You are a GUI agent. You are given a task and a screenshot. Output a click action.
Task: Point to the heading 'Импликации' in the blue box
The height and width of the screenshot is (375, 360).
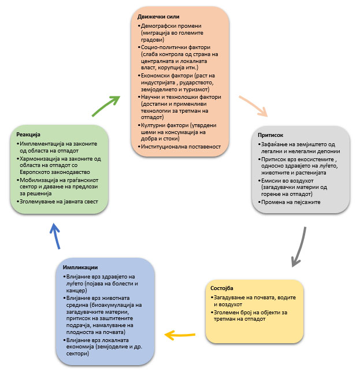[81, 267]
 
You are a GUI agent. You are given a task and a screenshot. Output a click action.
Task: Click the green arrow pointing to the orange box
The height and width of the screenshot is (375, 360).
[105, 104]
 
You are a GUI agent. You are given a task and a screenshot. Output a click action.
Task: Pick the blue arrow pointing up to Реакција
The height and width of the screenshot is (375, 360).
[54, 237]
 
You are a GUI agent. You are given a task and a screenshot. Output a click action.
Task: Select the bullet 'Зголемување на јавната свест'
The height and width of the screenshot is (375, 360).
[58, 201]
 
